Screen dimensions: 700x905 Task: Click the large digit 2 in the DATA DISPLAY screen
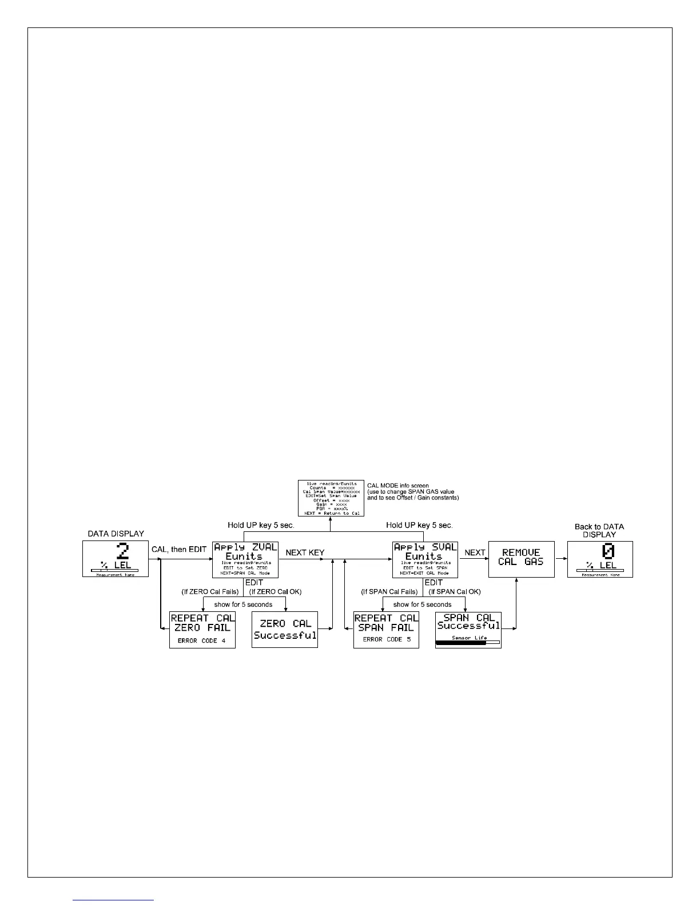[122, 551]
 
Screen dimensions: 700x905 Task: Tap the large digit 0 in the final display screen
[607, 551]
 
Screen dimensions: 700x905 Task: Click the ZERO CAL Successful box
[285, 630]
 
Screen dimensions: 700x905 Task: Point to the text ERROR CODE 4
[201, 640]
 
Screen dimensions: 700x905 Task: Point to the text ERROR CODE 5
[387, 639]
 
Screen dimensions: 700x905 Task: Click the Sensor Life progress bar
[467, 643]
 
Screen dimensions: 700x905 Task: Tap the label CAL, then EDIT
[179, 550]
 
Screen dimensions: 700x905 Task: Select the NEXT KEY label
[305, 552]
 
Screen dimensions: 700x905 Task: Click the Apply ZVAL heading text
[245, 547]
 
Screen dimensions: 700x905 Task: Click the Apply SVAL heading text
[425, 547]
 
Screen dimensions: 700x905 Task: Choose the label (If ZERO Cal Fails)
[210, 592]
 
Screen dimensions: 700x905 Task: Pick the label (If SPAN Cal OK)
[455, 592]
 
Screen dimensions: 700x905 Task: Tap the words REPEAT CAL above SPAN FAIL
[386, 618]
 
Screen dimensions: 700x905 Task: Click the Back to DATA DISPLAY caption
[599, 531]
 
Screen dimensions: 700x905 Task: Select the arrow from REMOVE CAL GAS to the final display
[560, 559]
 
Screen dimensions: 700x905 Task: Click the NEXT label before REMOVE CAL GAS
[475, 552]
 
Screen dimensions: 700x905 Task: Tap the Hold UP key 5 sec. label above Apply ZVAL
[261, 525]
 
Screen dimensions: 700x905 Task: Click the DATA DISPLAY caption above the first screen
[116, 534]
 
